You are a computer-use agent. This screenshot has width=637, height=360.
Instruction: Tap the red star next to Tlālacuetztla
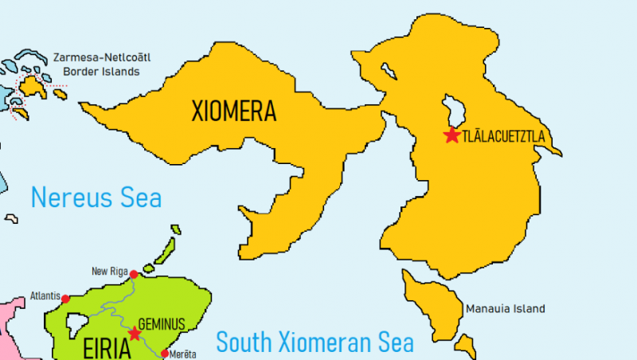tap(452, 135)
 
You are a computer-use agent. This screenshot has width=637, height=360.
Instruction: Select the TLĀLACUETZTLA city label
tap(503, 136)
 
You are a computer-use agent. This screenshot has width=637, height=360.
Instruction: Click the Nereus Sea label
tap(96, 198)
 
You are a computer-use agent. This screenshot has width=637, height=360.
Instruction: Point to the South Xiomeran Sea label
tap(315, 342)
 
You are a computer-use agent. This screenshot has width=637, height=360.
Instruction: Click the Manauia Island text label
tap(505, 308)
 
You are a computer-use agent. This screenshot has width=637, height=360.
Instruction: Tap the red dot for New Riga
tap(134, 274)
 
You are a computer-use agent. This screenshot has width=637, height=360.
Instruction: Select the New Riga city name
tap(109, 270)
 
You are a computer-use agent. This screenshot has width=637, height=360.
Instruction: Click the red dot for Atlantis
tap(65, 299)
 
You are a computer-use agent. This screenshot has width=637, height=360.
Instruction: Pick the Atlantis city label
tap(45, 295)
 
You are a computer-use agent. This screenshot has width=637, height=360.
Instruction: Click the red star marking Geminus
tap(134, 333)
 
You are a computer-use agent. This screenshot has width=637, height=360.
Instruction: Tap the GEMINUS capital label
tap(162, 324)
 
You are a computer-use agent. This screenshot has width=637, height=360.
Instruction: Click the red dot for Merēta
tap(165, 354)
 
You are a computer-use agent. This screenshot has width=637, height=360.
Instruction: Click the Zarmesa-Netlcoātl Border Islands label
tap(101, 65)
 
